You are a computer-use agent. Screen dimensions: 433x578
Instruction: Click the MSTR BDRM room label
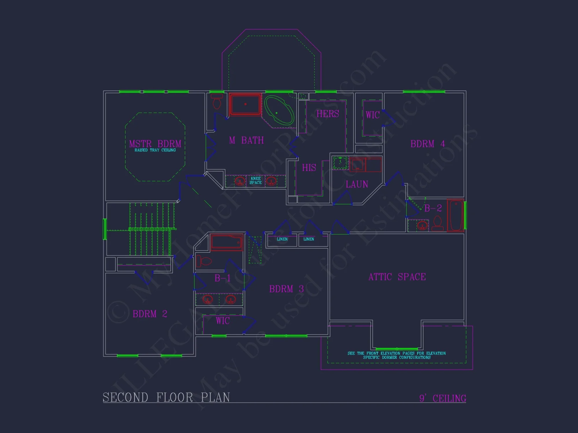pyautogui.click(x=155, y=144)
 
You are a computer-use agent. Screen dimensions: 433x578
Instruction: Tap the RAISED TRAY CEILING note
pyautogui.click(x=155, y=150)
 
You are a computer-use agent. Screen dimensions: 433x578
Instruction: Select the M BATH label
pyautogui.click(x=247, y=140)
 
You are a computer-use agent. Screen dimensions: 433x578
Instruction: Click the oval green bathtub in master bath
pyautogui.click(x=279, y=111)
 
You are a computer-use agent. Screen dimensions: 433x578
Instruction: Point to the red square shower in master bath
pyautogui.click(x=245, y=104)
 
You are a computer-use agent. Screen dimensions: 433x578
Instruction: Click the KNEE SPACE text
pyautogui.click(x=255, y=181)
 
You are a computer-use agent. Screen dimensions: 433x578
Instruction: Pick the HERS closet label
pyautogui.click(x=328, y=114)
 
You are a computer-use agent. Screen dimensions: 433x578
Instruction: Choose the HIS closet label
pyautogui.click(x=309, y=168)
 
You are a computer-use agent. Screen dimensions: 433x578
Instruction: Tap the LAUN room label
pyautogui.click(x=357, y=184)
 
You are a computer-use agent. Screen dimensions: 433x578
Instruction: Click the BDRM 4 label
pyautogui.click(x=427, y=144)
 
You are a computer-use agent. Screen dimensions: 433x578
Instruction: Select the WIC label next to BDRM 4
pyautogui.click(x=373, y=115)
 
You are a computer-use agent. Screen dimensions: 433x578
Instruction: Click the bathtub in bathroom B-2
pyautogui.click(x=455, y=215)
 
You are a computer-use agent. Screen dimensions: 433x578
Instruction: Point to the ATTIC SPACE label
pyautogui.click(x=397, y=277)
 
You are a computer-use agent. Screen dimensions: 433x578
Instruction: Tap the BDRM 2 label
pyautogui.click(x=150, y=314)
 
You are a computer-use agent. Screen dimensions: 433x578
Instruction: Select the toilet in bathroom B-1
pyautogui.click(x=204, y=261)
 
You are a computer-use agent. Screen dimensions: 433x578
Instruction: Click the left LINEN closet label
pyautogui.click(x=282, y=239)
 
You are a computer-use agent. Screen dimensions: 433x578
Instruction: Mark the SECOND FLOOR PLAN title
pyautogui.click(x=166, y=397)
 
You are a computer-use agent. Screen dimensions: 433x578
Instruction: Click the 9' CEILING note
pyautogui.click(x=442, y=398)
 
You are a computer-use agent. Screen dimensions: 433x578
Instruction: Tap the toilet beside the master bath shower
pyautogui.click(x=217, y=102)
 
